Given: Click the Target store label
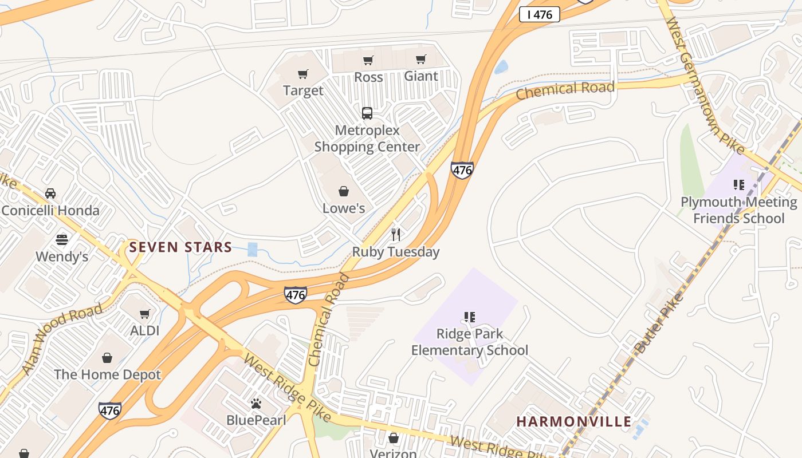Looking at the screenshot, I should (x=303, y=90).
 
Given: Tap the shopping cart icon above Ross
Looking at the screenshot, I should (x=368, y=60).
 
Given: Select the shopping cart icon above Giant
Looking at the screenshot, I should (x=421, y=59).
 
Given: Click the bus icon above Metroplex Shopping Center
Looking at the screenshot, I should (x=367, y=113).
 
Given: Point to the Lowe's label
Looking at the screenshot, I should (x=344, y=208).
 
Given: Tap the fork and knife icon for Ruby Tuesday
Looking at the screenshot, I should (x=395, y=234).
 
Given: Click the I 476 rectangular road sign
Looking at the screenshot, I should (x=539, y=15).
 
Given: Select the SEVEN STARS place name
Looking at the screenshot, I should (x=180, y=247).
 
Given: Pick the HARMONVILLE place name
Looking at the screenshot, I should (x=573, y=421).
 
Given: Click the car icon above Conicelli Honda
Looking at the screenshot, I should (x=50, y=193).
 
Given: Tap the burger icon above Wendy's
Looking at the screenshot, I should (x=62, y=239).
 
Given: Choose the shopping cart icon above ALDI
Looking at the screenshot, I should (x=145, y=314).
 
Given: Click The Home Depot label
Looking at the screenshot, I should (x=107, y=375).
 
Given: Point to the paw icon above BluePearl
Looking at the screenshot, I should (x=256, y=404).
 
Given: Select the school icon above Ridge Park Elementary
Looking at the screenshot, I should (x=470, y=317).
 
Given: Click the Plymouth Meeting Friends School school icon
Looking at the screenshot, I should (x=739, y=185).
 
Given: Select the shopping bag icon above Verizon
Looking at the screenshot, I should (x=394, y=438).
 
